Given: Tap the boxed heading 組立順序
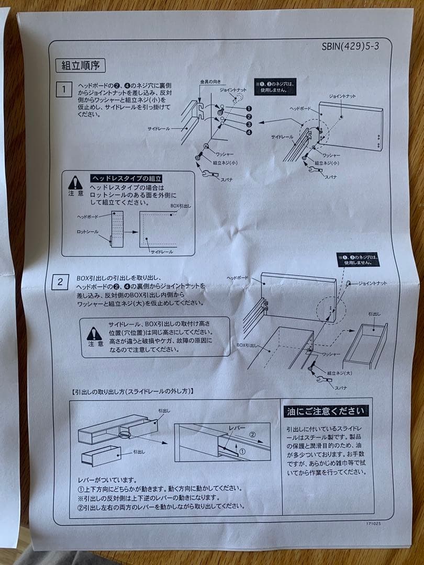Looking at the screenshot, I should [x=80, y=65].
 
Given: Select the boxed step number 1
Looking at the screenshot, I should [x=64, y=89].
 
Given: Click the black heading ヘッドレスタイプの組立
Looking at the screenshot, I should [x=127, y=178].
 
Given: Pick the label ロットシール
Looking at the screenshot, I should [x=87, y=231].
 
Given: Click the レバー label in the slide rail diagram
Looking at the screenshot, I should [x=238, y=428].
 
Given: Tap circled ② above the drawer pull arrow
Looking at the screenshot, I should [x=252, y=434].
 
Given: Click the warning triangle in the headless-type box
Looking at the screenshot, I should [x=75, y=183].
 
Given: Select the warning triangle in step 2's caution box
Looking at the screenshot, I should [x=94, y=333].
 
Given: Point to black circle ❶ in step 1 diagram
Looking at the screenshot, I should [x=248, y=108].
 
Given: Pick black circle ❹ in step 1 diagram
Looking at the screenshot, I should [x=248, y=132].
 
